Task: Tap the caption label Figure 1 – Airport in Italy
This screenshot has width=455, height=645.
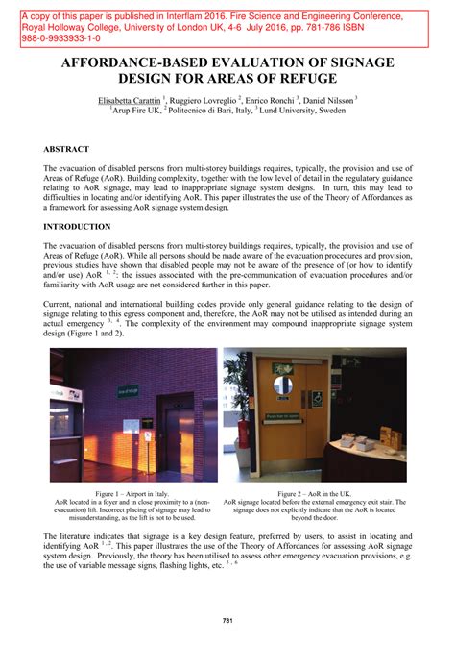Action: [x=133, y=492]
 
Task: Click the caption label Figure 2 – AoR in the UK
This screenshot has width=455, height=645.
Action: [x=314, y=492]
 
